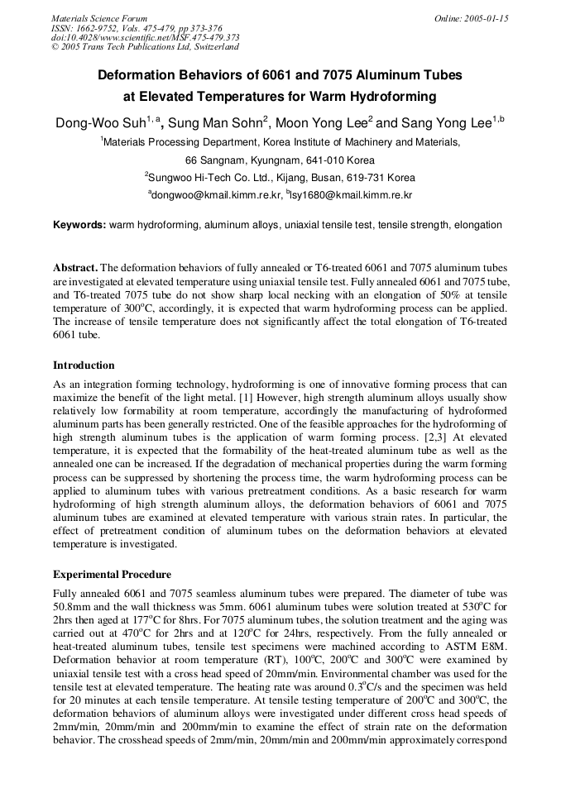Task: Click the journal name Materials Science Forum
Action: point(99,18)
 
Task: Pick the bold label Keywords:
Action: point(79,225)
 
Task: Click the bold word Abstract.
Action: point(75,268)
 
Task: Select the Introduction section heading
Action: point(84,365)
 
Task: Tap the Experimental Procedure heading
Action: point(112,575)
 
